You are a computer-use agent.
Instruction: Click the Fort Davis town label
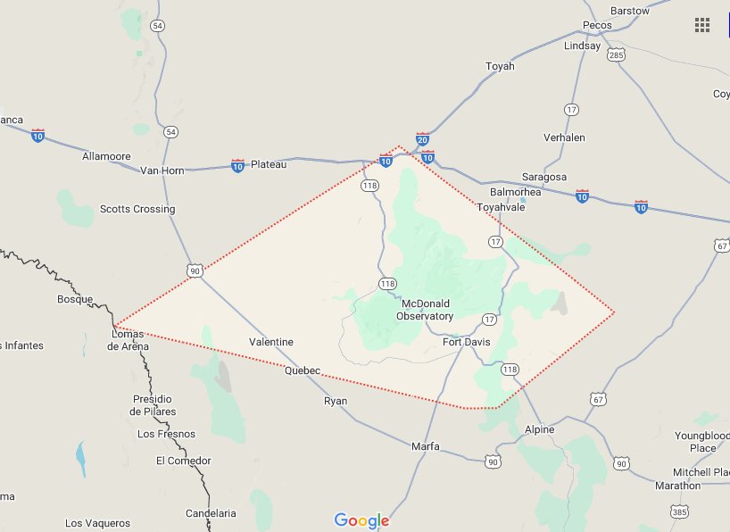pos(466,342)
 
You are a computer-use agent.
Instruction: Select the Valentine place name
pos(271,342)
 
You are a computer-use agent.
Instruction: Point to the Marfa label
pos(426,445)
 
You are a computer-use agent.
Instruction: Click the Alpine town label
pos(539,429)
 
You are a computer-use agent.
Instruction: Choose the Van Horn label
pos(162,170)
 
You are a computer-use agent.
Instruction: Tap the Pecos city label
pos(597,25)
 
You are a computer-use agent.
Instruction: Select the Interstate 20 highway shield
pos(422,140)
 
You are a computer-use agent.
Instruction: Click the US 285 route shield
pos(615,55)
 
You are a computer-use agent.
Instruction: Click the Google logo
pos(362,520)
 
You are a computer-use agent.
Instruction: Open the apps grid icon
pos(702,25)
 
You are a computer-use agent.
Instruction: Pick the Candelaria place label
pos(211,513)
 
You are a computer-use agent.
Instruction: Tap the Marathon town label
pos(677,486)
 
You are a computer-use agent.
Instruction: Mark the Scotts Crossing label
pos(137,209)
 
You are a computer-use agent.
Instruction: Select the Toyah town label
pos(500,66)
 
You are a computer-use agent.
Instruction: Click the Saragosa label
pos(543,177)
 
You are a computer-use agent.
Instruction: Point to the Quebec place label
pos(302,370)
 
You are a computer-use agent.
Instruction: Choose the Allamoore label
pos(106,156)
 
